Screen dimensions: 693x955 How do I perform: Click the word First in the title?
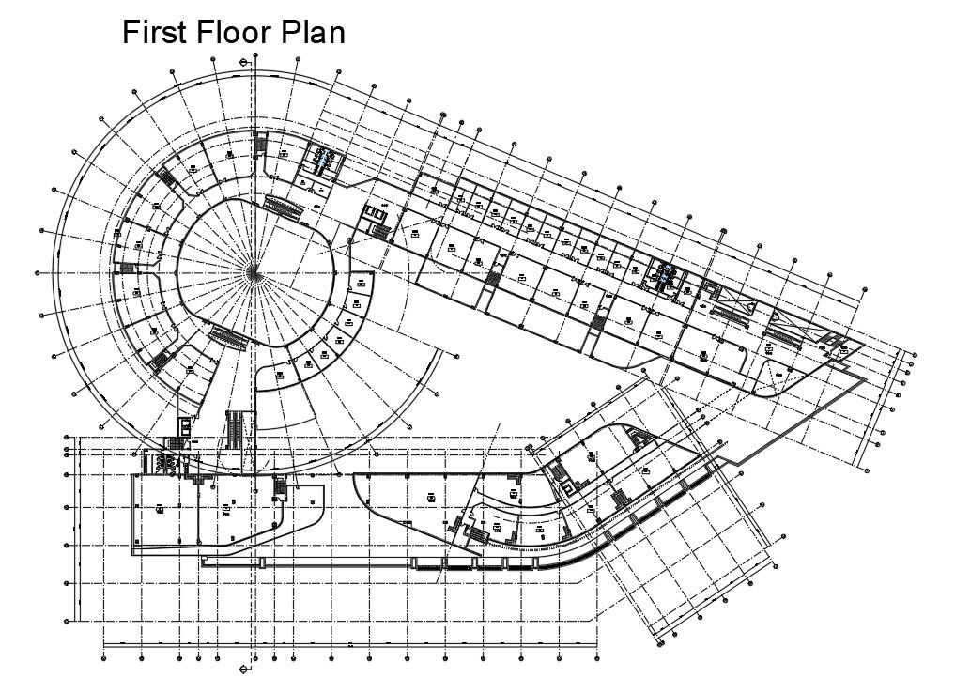(x=156, y=33)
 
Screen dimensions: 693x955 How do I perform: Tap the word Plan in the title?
(x=315, y=33)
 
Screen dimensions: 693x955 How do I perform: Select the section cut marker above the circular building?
(x=245, y=62)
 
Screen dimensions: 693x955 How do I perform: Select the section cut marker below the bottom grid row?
(x=245, y=670)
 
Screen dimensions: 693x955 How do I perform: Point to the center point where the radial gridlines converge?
(x=254, y=271)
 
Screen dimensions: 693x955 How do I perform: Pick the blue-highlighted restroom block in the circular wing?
(x=323, y=160)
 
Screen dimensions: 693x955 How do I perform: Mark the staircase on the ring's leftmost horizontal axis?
(x=126, y=270)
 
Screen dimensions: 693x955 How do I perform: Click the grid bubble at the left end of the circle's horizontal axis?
(x=37, y=272)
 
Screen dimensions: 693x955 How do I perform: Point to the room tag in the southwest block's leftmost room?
(x=160, y=508)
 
